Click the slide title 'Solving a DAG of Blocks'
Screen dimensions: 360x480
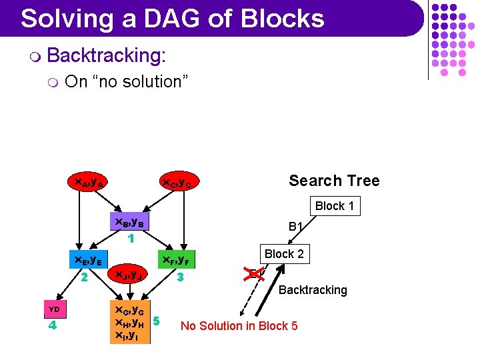pos(172,18)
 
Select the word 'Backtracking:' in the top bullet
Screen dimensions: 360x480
pos(106,56)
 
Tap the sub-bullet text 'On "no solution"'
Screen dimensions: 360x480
pos(127,82)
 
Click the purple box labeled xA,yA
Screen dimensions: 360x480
pos(89,181)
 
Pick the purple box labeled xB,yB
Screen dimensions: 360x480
pos(131,222)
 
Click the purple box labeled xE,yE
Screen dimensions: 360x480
pos(86,260)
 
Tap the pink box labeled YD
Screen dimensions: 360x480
pos(55,309)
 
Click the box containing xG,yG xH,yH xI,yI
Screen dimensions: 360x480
pos(131,323)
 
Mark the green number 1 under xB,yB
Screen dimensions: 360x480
pos(131,237)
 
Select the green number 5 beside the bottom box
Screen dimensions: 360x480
pos(156,321)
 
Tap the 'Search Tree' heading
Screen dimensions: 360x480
pos(333,181)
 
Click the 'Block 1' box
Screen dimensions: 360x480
pos(334,206)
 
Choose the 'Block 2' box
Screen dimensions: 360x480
pos(284,254)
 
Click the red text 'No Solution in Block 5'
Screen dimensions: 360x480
pos(239,326)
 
